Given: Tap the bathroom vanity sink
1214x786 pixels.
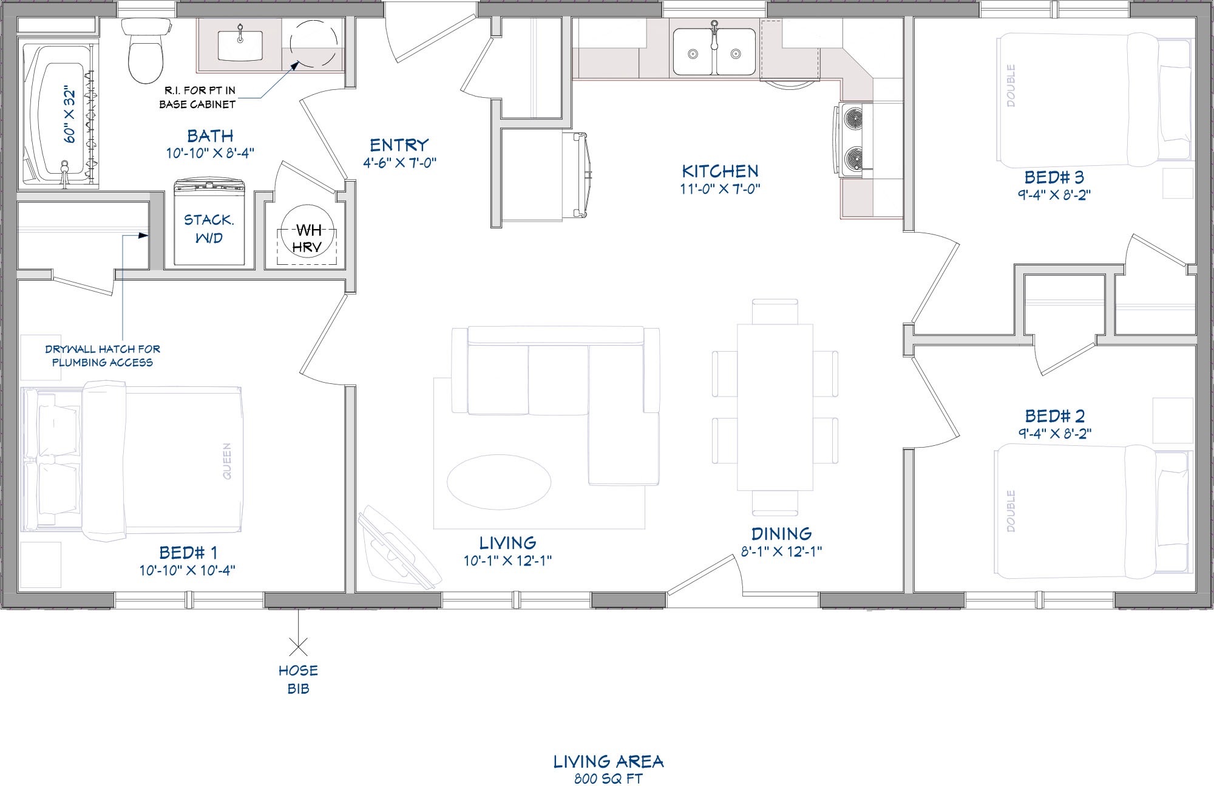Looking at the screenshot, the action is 240,44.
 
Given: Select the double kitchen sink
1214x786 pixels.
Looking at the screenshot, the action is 714,52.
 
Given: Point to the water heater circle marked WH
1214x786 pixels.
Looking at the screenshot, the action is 308,231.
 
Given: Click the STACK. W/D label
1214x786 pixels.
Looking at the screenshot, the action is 209,228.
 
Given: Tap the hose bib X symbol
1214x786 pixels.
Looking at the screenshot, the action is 298,647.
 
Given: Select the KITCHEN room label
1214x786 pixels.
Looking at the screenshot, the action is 720,171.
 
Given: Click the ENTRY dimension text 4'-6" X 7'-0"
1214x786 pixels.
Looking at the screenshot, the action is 400,163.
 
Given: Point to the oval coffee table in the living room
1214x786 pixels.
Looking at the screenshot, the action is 499,482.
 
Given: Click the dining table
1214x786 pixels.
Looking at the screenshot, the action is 775,407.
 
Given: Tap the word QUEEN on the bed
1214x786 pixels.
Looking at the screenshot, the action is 227,461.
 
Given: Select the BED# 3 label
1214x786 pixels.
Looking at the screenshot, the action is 1054,177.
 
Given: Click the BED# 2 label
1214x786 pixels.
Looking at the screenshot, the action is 1055,416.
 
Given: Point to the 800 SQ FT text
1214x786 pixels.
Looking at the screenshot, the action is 608,779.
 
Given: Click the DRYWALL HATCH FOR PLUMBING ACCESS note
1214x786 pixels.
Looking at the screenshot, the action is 103,356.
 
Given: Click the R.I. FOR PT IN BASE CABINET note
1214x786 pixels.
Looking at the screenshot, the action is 197,97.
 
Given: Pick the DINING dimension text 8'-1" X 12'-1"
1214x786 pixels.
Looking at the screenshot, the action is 781,552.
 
